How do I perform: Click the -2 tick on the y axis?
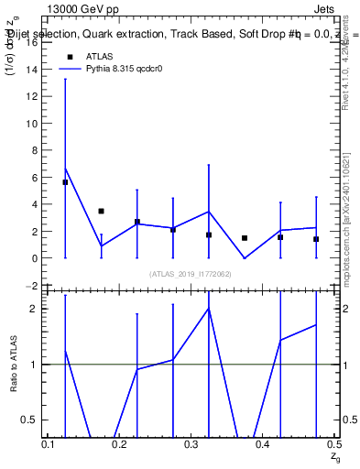tap(35, 286)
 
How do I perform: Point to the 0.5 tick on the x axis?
tap(333, 443)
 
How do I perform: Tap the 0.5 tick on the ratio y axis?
tap(33, 420)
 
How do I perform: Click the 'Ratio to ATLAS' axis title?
tap(14, 365)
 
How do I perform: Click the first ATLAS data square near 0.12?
tap(65, 182)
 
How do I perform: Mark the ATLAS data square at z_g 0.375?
tap(245, 238)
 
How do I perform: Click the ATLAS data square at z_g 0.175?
tap(101, 211)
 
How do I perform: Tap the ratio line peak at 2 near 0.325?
tap(209, 309)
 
